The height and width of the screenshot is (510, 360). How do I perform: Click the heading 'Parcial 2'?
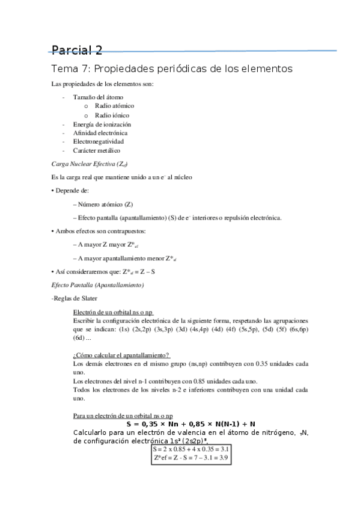click(76, 50)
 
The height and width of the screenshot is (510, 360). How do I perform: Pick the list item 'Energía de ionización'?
click(102, 124)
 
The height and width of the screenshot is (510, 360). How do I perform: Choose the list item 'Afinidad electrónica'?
click(100, 133)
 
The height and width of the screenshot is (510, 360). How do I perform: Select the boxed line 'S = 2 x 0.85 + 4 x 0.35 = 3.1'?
click(191, 449)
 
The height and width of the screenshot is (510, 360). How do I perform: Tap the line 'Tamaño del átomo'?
click(99, 97)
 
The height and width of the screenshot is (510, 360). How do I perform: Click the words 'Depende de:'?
click(72, 191)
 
